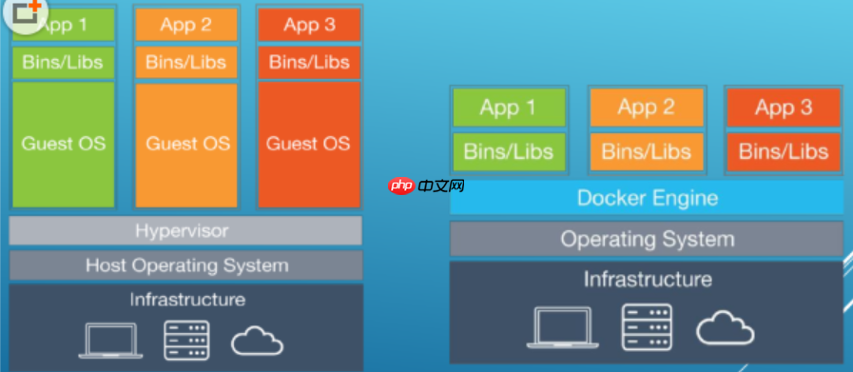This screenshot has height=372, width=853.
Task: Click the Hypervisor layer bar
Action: click(185, 230)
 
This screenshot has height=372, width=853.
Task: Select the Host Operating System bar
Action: click(185, 265)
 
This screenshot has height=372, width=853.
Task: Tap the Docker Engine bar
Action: click(647, 197)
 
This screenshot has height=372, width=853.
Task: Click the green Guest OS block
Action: click(63, 145)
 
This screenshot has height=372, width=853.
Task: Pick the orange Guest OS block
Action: click(186, 145)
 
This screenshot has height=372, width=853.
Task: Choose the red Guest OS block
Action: click(309, 145)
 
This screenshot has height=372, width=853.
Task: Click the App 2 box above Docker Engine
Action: click(647, 108)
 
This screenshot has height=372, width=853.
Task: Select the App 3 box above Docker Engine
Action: click(784, 108)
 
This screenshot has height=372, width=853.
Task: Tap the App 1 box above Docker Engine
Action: click(509, 108)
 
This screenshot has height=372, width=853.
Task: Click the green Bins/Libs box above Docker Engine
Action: click(509, 151)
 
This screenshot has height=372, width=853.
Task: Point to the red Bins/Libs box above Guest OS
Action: click(309, 62)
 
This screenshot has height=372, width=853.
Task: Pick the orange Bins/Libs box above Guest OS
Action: click(186, 62)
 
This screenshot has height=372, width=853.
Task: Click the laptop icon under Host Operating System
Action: click(110, 341)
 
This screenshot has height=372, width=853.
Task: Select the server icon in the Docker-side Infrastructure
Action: click(647, 326)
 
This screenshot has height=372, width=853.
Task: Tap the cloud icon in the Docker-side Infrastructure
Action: click(726, 327)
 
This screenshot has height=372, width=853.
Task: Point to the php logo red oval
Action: click(401, 186)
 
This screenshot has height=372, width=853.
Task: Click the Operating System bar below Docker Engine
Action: click(647, 239)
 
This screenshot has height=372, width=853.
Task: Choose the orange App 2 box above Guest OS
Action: click(186, 25)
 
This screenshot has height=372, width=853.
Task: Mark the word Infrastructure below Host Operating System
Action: click(187, 299)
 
